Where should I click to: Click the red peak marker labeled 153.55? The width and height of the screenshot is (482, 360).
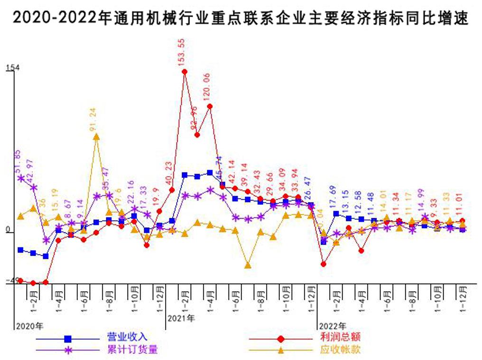click(x=185, y=72)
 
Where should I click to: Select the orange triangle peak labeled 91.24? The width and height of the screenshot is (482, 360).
click(x=96, y=137)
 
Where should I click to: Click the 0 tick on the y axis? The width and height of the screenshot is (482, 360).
click(x=8, y=230)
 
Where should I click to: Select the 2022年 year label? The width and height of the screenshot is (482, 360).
click(x=333, y=326)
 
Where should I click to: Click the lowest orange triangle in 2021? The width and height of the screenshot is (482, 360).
click(x=248, y=265)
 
